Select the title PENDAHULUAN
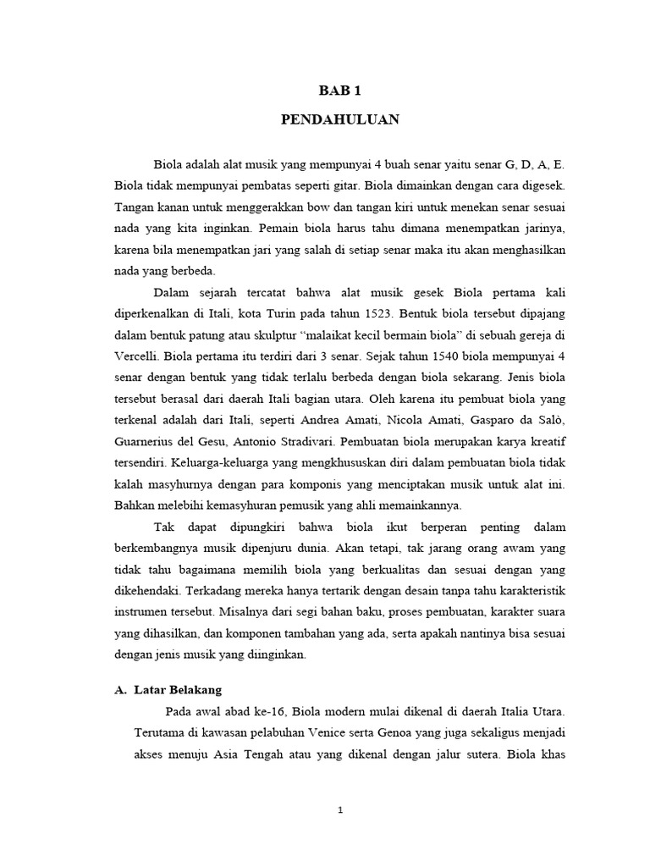coord(339,120)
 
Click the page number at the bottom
coord(339,810)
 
